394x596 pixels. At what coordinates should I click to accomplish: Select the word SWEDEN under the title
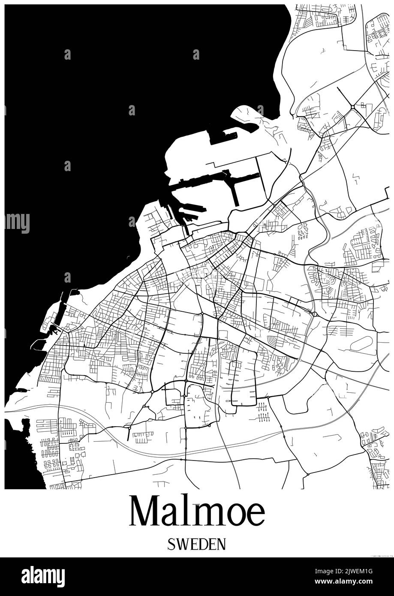tap(197, 544)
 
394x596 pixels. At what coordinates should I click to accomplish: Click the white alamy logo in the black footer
tap(43, 576)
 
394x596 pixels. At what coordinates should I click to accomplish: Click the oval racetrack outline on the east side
tap(361, 343)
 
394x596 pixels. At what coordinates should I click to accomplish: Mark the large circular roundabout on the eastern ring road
tap(315, 314)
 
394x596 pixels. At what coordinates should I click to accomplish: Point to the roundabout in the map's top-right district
tap(352, 107)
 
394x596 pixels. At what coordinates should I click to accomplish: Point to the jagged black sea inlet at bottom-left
tap(19, 450)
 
